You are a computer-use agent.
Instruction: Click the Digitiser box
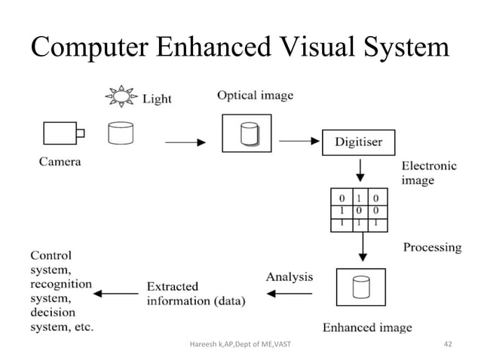pyautogui.click(x=358, y=142)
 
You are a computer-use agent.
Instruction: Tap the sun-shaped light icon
pyautogui.click(x=121, y=97)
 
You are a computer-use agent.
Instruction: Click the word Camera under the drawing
pyautogui.click(x=60, y=160)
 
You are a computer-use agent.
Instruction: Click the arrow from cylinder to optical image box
pyautogui.click(x=185, y=142)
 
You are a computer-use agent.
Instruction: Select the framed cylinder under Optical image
pyautogui.click(x=246, y=133)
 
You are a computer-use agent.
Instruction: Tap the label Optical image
pyautogui.click(x=255, y=96)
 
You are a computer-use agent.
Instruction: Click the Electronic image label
pyautogui.click(x=428, y=172)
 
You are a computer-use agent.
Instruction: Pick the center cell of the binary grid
pyautogui.click(x=359, y=209)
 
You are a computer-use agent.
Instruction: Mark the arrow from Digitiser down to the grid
pyautogui.click(x=359, y=172)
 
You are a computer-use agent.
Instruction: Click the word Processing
pyautogui.click(x=432, y=247)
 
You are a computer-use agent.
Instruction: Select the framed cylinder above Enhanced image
pyautogui.click(x=360, y=287)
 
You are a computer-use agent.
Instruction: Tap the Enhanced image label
pyautogui.click(x=367, y=327)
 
